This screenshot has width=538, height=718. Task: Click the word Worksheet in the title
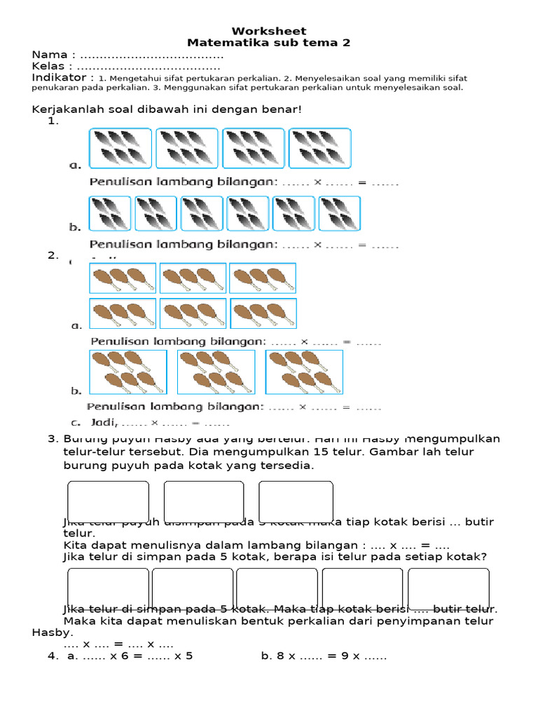tap(269, 31)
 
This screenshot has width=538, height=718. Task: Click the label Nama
tap(50, 55)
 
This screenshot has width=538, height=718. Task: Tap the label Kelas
tap(50, 66)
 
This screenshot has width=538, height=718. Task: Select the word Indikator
tap(59, 77)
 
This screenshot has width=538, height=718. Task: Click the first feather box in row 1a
tap(120, 149)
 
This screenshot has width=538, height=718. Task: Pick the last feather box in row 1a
tap(319, 149)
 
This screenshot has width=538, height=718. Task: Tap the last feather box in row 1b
tap(339, 213)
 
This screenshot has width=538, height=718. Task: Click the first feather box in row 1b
tap(109, 213)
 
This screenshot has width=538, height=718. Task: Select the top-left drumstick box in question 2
tap(122, 278)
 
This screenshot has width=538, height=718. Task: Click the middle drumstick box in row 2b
tap(216, 372)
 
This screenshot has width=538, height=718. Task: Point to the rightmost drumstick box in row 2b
tap(304, 372)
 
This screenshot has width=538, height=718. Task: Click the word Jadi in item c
tap(104, 423)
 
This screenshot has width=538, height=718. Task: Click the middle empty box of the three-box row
tap(204, 502)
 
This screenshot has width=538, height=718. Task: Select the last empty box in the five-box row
tap(448, 589)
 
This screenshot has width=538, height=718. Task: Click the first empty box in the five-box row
tap(108, 589)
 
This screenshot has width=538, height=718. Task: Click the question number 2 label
tap(52, 255)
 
